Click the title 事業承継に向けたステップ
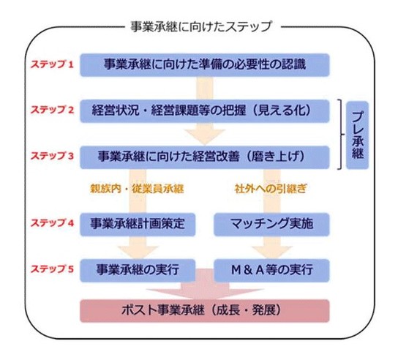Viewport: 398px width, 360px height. click(x=201, y=26)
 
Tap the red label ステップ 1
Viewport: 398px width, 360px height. click(x=52, y=64)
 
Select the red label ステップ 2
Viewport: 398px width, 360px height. click(x=52, y=110)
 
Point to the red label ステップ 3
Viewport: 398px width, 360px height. click(x=52, y=156)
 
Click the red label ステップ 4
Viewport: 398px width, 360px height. click(x=52, y=223)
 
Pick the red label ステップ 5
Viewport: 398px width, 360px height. click(x=52, y=269)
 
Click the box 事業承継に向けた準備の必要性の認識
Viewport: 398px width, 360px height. click(x=205, y=64)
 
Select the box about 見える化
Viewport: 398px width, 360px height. click(x=205, y=111)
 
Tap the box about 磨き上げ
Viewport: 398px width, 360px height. click(x=205, y=157)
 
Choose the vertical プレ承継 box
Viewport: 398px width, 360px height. click(x=357, y=135)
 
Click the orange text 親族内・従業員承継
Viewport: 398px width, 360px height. click(x=137, y=189)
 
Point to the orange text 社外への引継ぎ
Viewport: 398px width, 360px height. click(x=271, y=189)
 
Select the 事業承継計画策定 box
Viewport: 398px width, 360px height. click(x=138, y=225)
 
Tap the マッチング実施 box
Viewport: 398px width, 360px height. click(x=271, y=225)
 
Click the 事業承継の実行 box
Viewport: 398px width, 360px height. click(x=138, y=271)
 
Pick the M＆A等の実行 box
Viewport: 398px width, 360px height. click(x=271, y=271)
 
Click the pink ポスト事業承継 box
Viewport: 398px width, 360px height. click(x=205, y=311)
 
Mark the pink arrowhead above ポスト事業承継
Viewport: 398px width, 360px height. click(x=205, y=294)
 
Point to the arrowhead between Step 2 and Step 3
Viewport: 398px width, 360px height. click(x=205, y=137)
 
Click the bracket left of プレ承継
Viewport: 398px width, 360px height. click(x=342, y=135)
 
